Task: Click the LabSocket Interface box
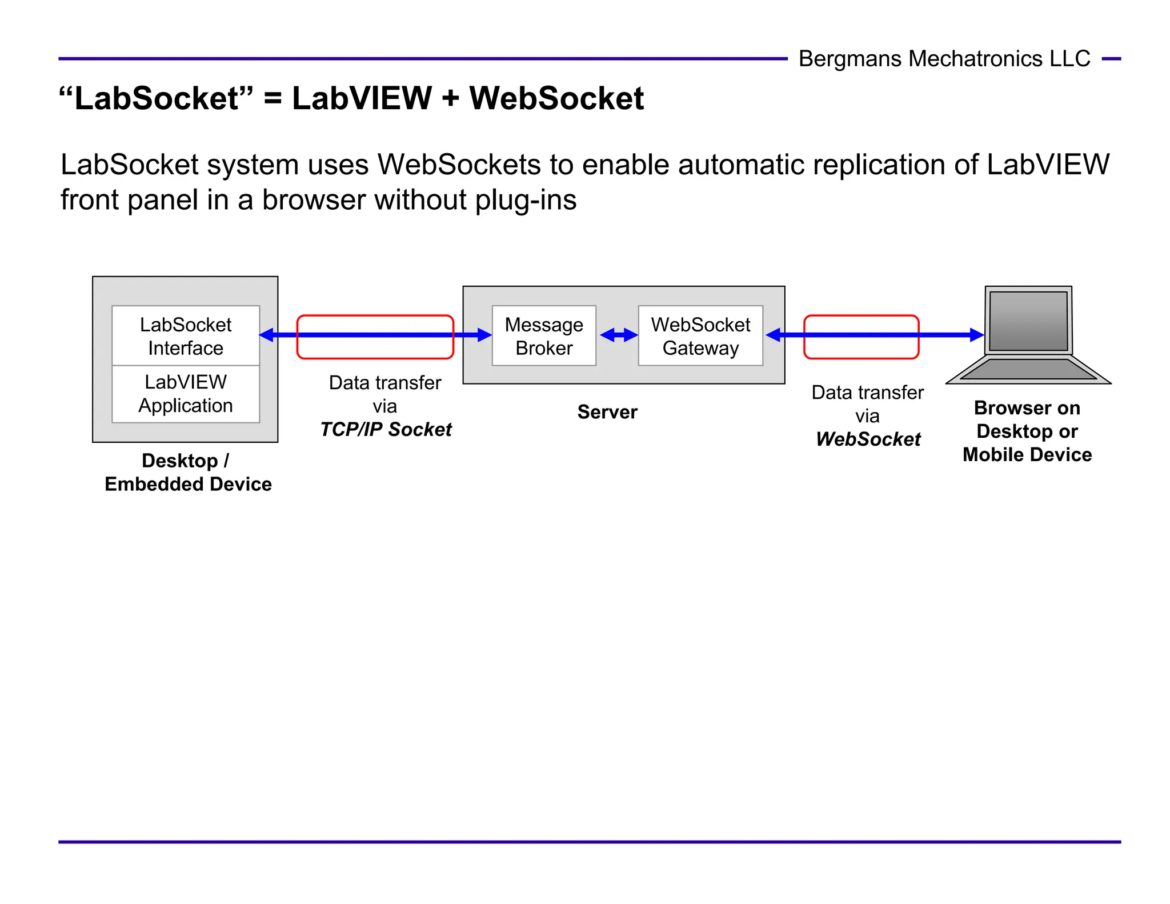pyautogui.click(x=186, y=336)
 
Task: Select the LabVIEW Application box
pyautogui.click(x=186, y=394)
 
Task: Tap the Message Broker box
pyautogui.click(x=544, y=336)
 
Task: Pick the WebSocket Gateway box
pyautogui.click(x=700, y=336)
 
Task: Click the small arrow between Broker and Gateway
pyautogui.click(x=619, y=335)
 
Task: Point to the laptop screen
pyautogui.click(x=1028, y=321)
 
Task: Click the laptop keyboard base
pyautogui.click(x=1028, y=370)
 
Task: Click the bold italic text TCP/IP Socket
pyautogui.click(x=386, y=429)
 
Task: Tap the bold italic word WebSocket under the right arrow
pyautogui.click(x=868, y=439)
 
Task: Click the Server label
pyautogui.click(x=607, y=412)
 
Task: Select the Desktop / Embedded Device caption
pyautogui.click(x=187, y=473)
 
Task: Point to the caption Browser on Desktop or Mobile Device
pyautogui.click(x=1027, y=431)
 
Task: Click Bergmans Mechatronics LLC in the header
pyautogui.click(x=944, y=59)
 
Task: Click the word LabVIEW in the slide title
pyautogui.click(x=362, y=98)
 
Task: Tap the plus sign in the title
pyautogui.click(x=450, y=98)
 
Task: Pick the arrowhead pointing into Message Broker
pyautogui.click(x=484, y=335)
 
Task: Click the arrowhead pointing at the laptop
pyautogui.click(x=976, y=335)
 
